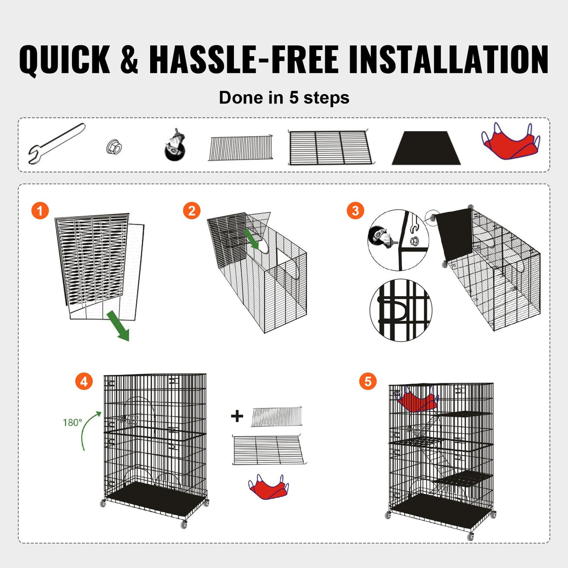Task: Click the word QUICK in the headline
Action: [x=65, y=60]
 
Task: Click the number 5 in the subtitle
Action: [x=293, y=98]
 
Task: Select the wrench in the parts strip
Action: [x=56, y=143]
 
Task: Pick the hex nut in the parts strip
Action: [x=114, y=148]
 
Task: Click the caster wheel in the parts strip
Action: [x=175, y=145]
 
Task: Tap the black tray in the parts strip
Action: [x=426, y=148]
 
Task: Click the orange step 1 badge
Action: [x=40, y=211]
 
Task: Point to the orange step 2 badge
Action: [x=191, y=211]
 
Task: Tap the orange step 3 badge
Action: [x=355, y=211]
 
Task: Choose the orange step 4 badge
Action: [x=84, y=382]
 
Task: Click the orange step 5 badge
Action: [x=368, y=382]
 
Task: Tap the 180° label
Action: [x=73, y=422]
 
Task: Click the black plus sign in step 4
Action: [x=237, y=416]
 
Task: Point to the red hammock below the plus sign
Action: [x=269, y=487]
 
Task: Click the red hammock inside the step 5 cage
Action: [x=416, y=401]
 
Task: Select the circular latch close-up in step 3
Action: [x=401, y=310]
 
